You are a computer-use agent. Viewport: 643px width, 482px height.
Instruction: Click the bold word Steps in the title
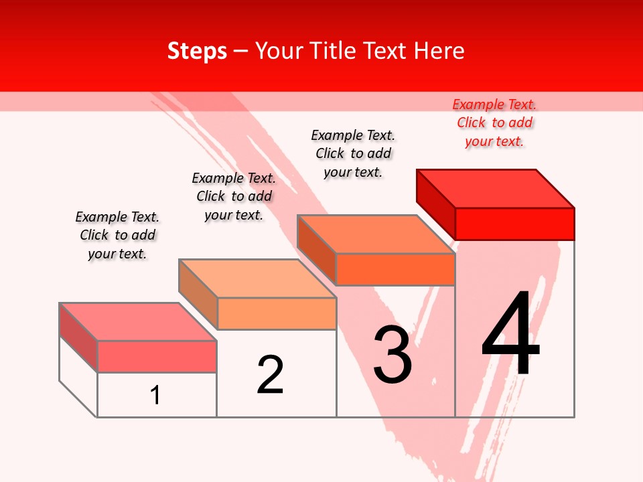pos(197,51)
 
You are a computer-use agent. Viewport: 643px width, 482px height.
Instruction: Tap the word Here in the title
pos(439,51)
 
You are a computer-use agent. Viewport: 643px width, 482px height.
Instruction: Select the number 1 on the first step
pos(155,395)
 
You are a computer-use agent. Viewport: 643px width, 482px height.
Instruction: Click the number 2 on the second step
pos(270,374)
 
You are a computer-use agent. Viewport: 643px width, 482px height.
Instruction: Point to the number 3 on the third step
pos(392,355)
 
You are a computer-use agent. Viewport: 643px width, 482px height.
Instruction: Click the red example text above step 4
pos(494,123)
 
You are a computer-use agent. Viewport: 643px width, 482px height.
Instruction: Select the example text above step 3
pos(353,153)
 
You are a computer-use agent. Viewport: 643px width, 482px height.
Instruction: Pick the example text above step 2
pos(234,196)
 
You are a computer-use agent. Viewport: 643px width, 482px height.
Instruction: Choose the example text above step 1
pos(117,235)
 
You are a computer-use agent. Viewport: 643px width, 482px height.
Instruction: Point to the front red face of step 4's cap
pos(514,224)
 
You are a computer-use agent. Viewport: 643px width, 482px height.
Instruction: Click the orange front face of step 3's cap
pos(395,269)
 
